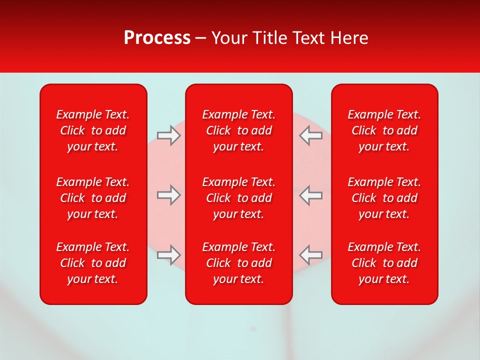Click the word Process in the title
(x=157, y=38)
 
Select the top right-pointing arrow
(x=168, y=135)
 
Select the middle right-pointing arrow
(x=168, y=195)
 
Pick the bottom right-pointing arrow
(x=168, y=255)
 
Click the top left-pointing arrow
(x=310, y=135)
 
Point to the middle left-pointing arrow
(x=310, y=195)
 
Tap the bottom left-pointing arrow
(x=310, y=255)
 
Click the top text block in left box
(x=93, y=130)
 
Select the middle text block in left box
(x=93, y=198)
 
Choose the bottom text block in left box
(x=93, y=263)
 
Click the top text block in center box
(x=239, y=130)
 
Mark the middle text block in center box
(x=239, y=198)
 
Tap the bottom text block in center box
(x=239, y=263)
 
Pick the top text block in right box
(x=384, y=130)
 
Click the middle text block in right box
(x=384, y=198)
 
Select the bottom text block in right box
(x=384, y=263)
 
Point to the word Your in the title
(x=228, y=38)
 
